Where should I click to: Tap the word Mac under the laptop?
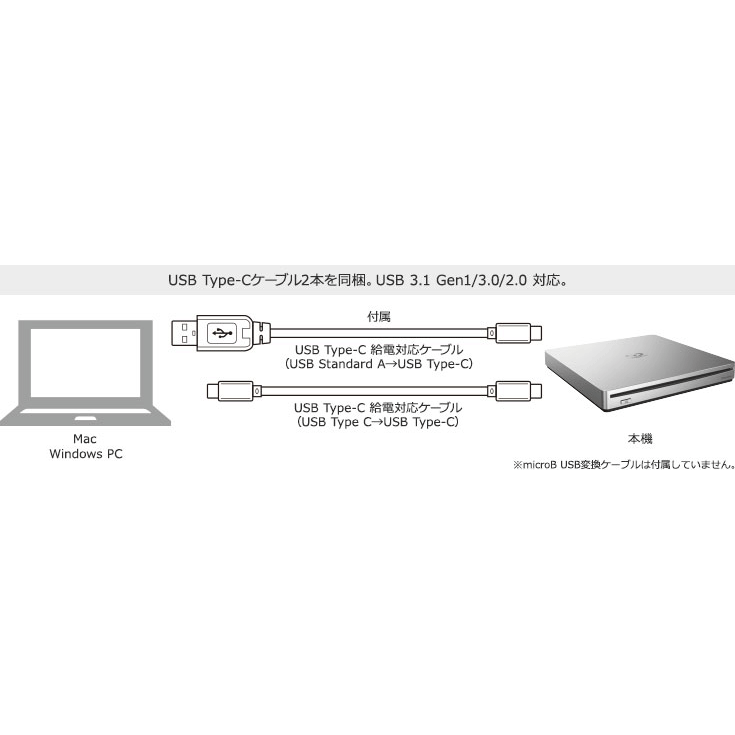coord(83,439)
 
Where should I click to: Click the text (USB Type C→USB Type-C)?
coord(379,422)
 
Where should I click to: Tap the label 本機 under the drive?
coord(639,438)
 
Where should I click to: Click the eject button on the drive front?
coord(627,403)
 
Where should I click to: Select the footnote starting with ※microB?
coord(623,465)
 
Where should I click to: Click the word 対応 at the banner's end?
coord(548,281)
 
